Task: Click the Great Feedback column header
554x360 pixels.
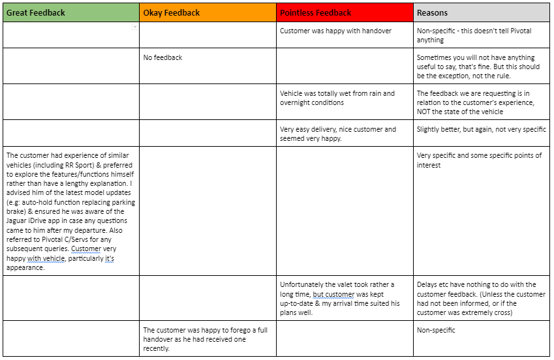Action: [x=36, y=12]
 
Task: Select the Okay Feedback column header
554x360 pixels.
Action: [x=171, y=12]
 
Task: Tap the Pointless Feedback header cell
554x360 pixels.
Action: [x=316, y=12]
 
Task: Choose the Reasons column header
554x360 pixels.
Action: [x=432, y=12]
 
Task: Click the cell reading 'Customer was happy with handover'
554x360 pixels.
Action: [x=335, y=31]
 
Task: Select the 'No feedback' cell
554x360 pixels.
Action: [x=162, y=57]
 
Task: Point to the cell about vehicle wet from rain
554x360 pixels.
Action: [x=337, y=98]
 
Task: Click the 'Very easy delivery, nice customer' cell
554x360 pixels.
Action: [x=337, y=134]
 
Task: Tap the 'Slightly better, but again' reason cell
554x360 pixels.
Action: [x=482, y=129]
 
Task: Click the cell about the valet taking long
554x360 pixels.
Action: [x=337, y=298]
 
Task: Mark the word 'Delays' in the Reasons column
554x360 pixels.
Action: [x=429, y=284]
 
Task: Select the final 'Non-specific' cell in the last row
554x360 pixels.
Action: [x=436, y=330]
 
